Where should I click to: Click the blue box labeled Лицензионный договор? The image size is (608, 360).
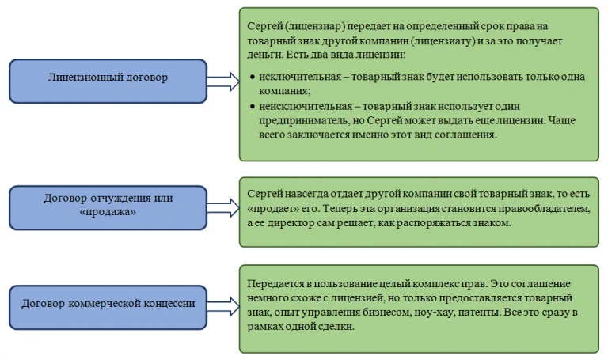108,80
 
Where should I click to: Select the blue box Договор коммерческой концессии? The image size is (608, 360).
108,302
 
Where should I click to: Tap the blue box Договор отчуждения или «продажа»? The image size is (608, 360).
108,206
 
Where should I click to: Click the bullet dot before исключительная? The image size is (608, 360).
252,78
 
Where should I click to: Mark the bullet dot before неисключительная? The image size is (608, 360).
252,105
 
